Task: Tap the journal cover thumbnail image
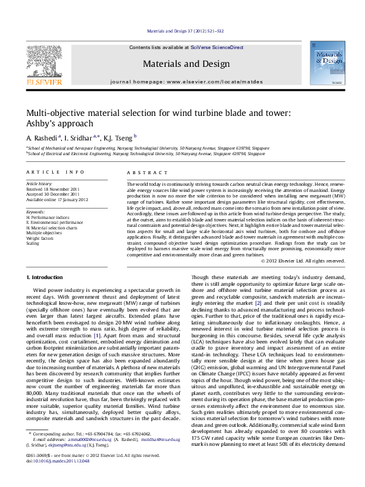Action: click(327, 63)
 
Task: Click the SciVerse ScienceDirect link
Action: click(217, 47)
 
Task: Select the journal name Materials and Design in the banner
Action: click(182, 63)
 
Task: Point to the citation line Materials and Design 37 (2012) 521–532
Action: click(182, 31)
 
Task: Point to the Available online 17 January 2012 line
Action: click(57, 199)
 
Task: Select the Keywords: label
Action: click(36, 212)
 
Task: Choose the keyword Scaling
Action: click(33, 243)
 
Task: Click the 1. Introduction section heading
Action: click(47, 278)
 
